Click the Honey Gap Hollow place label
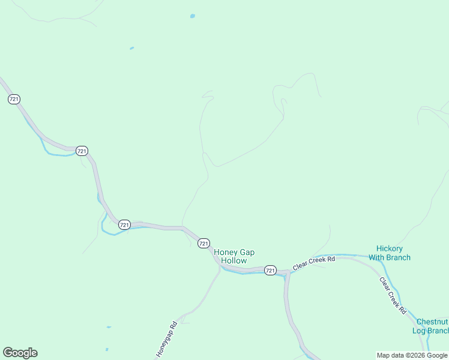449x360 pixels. (234, 257)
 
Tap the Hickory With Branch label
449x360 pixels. (390, 253)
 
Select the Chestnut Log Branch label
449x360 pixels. (430, 326)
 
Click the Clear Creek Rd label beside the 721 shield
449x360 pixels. (313, 262)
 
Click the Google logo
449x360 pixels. (20, 353)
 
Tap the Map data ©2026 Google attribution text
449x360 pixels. (412, 355)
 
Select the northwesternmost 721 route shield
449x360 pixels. (14, 99)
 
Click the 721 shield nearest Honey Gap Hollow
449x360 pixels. (203, 243)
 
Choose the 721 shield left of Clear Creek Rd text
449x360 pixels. (270, 270)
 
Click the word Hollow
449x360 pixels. (234, 261)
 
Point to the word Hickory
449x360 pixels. (390, 248)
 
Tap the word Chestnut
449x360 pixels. (432, 322)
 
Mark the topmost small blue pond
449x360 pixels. (193, 16)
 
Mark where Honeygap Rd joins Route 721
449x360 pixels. (220, 266)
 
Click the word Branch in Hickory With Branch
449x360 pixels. (398, 257)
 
